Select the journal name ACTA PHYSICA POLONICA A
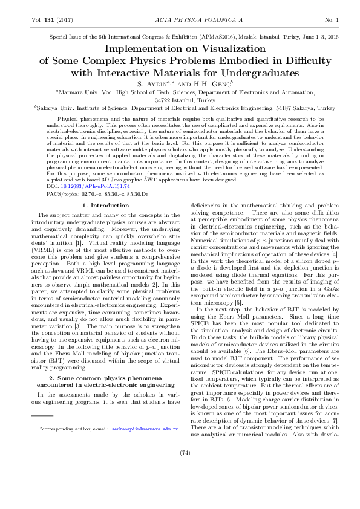180,20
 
